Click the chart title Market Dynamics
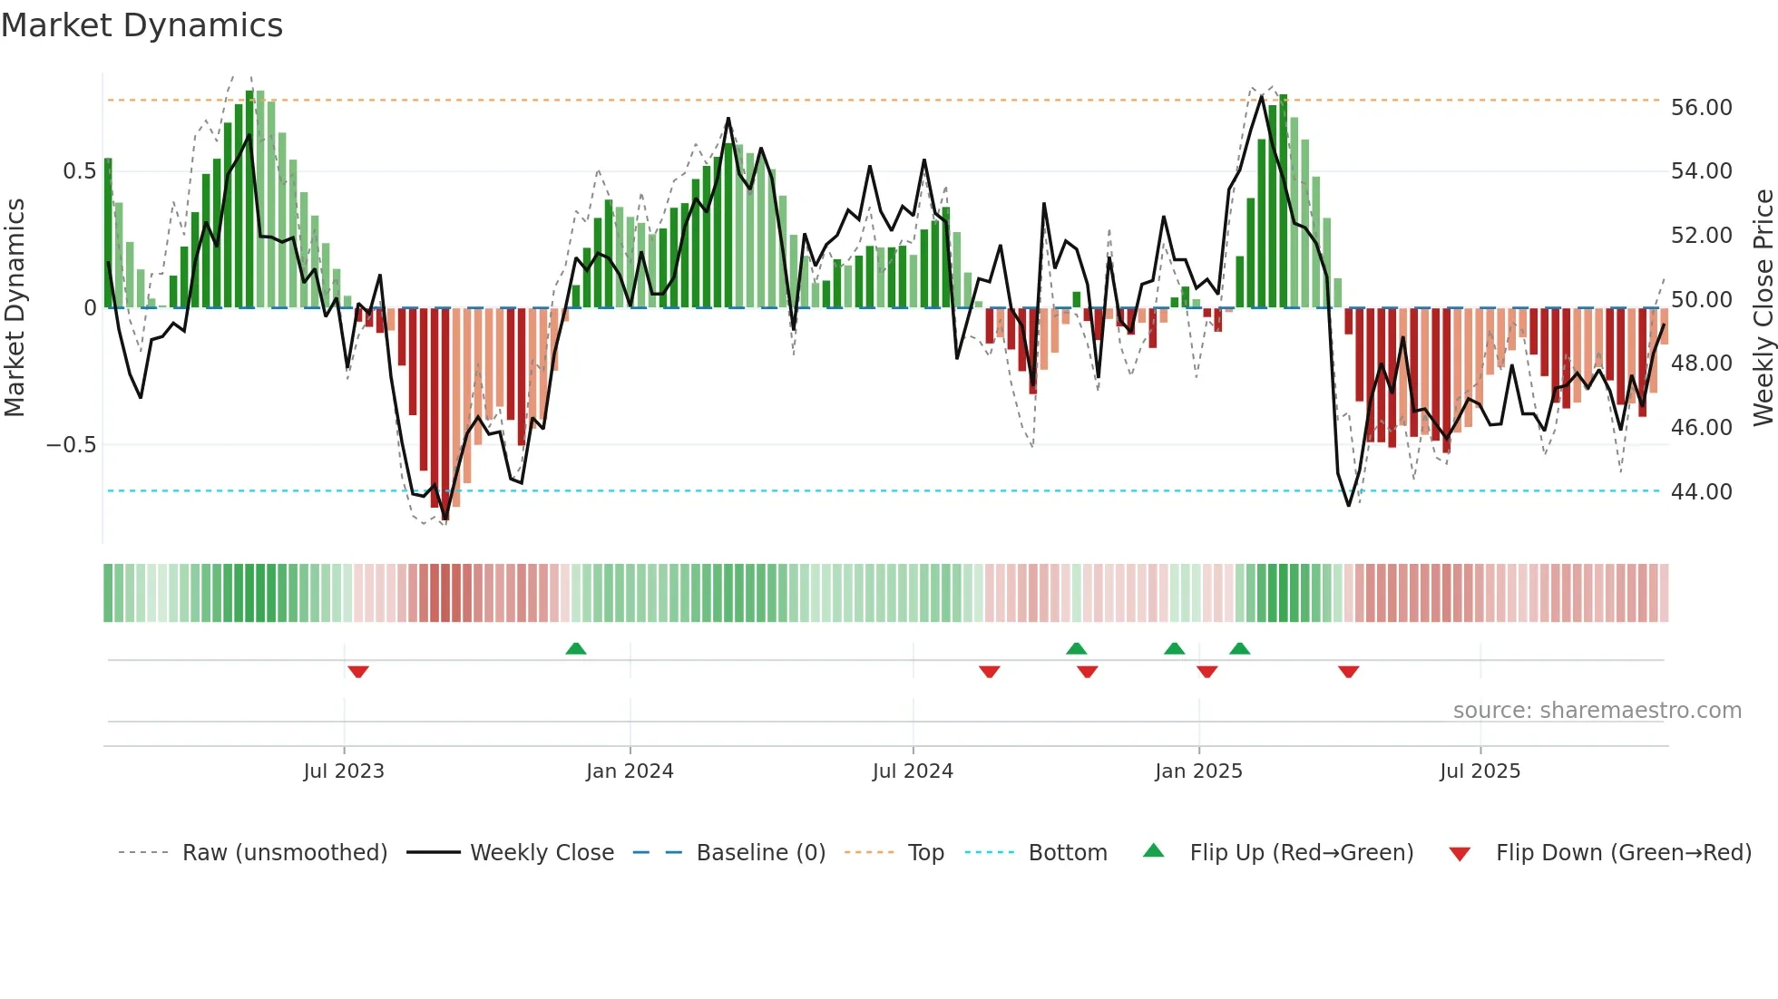tap(142, 25)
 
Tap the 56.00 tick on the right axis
tap(1701, 108)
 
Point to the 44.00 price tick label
tap(1701, 491)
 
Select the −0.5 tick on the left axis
tap(71, 445)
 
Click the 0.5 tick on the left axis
tap(79, 171)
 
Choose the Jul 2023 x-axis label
tap(344, 771)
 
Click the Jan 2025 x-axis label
tap(1198, 771)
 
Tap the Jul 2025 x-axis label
tap(1480, 771)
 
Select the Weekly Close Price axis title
tap(1763, 307)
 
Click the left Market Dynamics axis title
tap(15, 307)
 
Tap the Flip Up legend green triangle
tap(1153, 850)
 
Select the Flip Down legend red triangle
tap(1460, 854)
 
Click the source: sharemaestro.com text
tap(1597, 711)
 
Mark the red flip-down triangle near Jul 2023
tap(358, 672)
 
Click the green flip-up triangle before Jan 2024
tap(576, 648)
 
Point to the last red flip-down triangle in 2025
tap(1348, 672)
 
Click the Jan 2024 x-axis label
tap(630, 771)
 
